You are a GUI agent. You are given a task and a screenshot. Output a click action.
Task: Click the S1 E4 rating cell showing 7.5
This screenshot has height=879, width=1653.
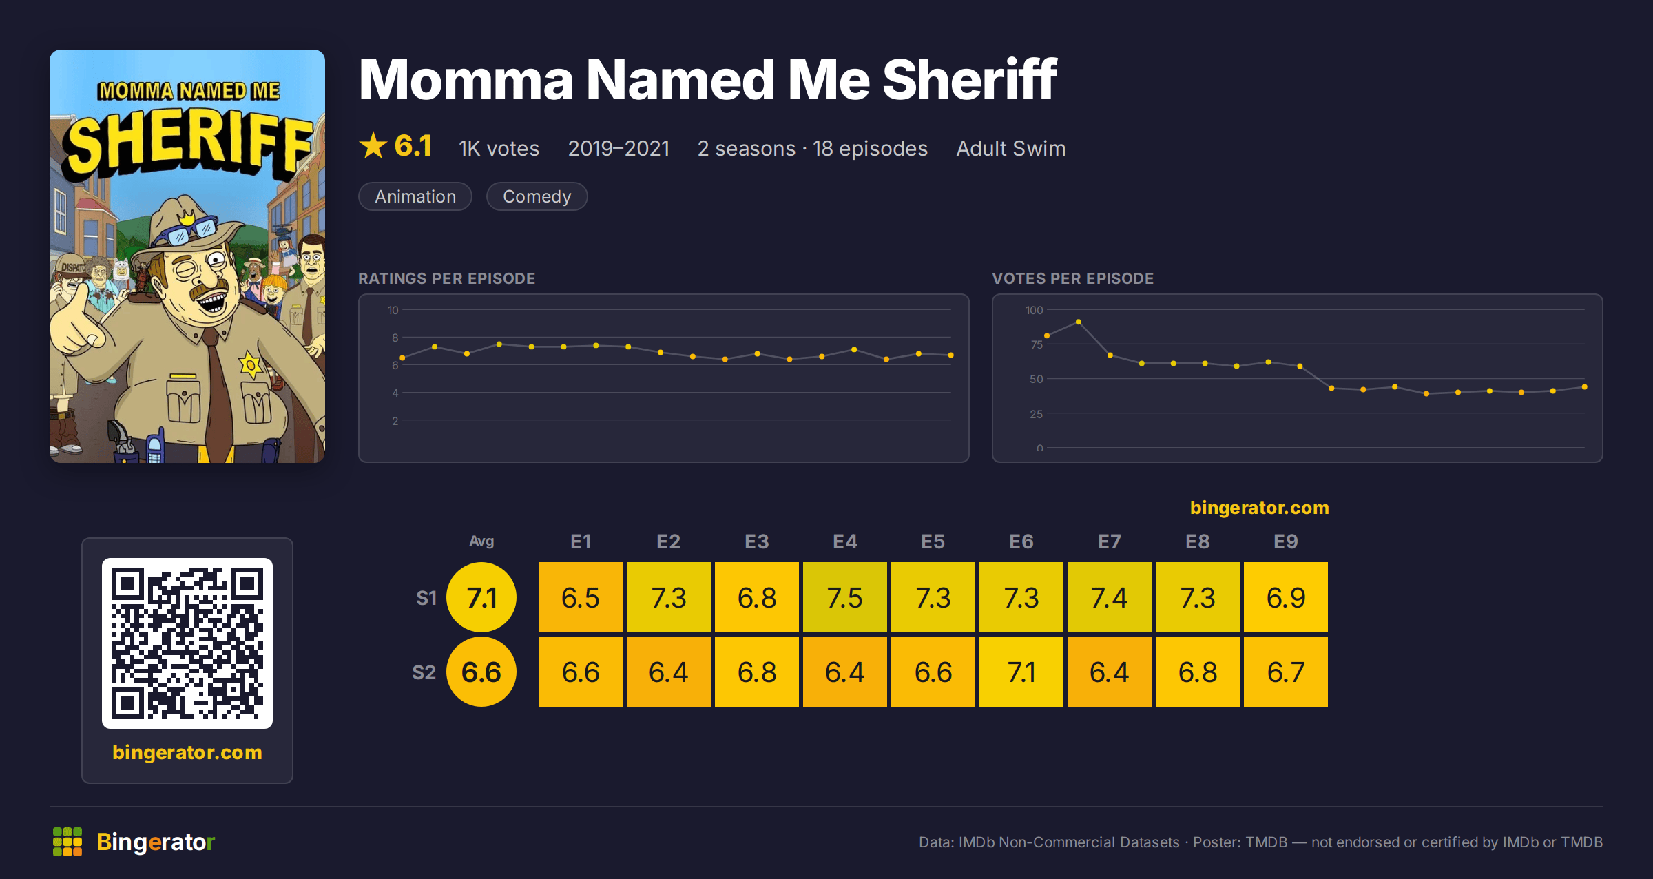pos(845,597)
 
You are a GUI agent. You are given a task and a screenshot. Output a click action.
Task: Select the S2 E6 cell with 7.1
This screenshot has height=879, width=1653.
pos(1021,672)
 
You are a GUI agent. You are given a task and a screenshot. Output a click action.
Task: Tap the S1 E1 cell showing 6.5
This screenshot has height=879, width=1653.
pos(581,597)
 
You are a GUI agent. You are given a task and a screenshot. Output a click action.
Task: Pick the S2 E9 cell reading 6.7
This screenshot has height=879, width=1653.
pos(1286,672)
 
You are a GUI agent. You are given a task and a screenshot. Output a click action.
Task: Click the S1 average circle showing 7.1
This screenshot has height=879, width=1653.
pos(481,597)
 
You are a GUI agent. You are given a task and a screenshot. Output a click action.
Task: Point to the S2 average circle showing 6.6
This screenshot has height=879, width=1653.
pos(481,672)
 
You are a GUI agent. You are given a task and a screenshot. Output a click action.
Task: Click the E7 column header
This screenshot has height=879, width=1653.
pos(1110,541)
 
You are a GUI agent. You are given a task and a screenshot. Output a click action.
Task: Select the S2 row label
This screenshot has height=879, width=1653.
pos(424,672)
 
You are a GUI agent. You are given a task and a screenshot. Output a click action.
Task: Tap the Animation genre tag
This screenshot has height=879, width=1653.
pos(415,196)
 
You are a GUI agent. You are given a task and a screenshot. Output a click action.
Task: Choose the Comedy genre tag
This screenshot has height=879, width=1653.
pos(537,196)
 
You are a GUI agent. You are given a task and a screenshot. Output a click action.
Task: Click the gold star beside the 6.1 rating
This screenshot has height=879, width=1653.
pos(373,145)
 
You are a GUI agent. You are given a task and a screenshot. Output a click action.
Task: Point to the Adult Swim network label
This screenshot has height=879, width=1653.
pos(1011,148)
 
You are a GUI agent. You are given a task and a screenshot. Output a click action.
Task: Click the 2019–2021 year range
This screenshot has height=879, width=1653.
pos(618,148)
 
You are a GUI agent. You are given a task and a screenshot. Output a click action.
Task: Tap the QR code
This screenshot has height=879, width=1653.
pos(187,643)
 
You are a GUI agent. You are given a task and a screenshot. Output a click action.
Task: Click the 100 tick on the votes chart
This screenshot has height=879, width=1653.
pos(1034,310)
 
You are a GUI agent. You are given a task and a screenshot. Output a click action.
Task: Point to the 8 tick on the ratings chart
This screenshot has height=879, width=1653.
pos(395,338)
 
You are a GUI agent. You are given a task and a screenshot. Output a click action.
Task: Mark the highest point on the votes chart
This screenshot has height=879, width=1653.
pos(1079,322)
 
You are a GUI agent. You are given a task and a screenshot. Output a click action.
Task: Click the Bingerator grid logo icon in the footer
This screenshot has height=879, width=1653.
pos(67,842)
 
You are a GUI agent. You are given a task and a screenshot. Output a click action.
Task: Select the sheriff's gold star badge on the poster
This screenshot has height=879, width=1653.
pos(251,364)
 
